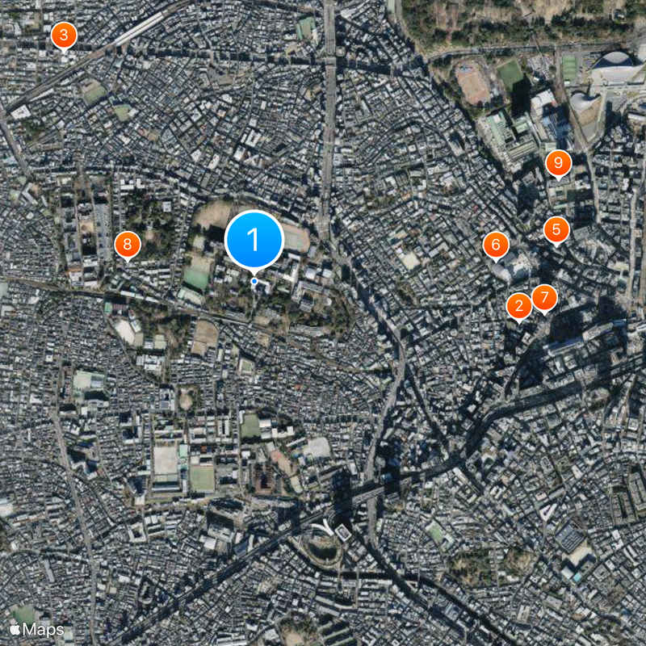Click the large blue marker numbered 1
click(x=254, y=239)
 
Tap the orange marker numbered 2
click(x=518, y=306)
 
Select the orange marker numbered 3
click(x=64, y=36)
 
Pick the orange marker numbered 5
click(x=556, y=229)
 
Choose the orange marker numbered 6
click(x=496, y=244)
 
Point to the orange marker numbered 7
click(x=544, y=298)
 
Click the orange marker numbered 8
click(x=127, y=245)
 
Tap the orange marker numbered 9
click(x=557, y=163)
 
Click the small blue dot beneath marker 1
click(x=254, y=281)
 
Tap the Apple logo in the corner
click(x=15, y=628)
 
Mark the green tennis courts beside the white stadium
click(x=569, y=66)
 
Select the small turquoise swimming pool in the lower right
click(x=574, y=575)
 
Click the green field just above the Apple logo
click(x=24, y=613)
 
